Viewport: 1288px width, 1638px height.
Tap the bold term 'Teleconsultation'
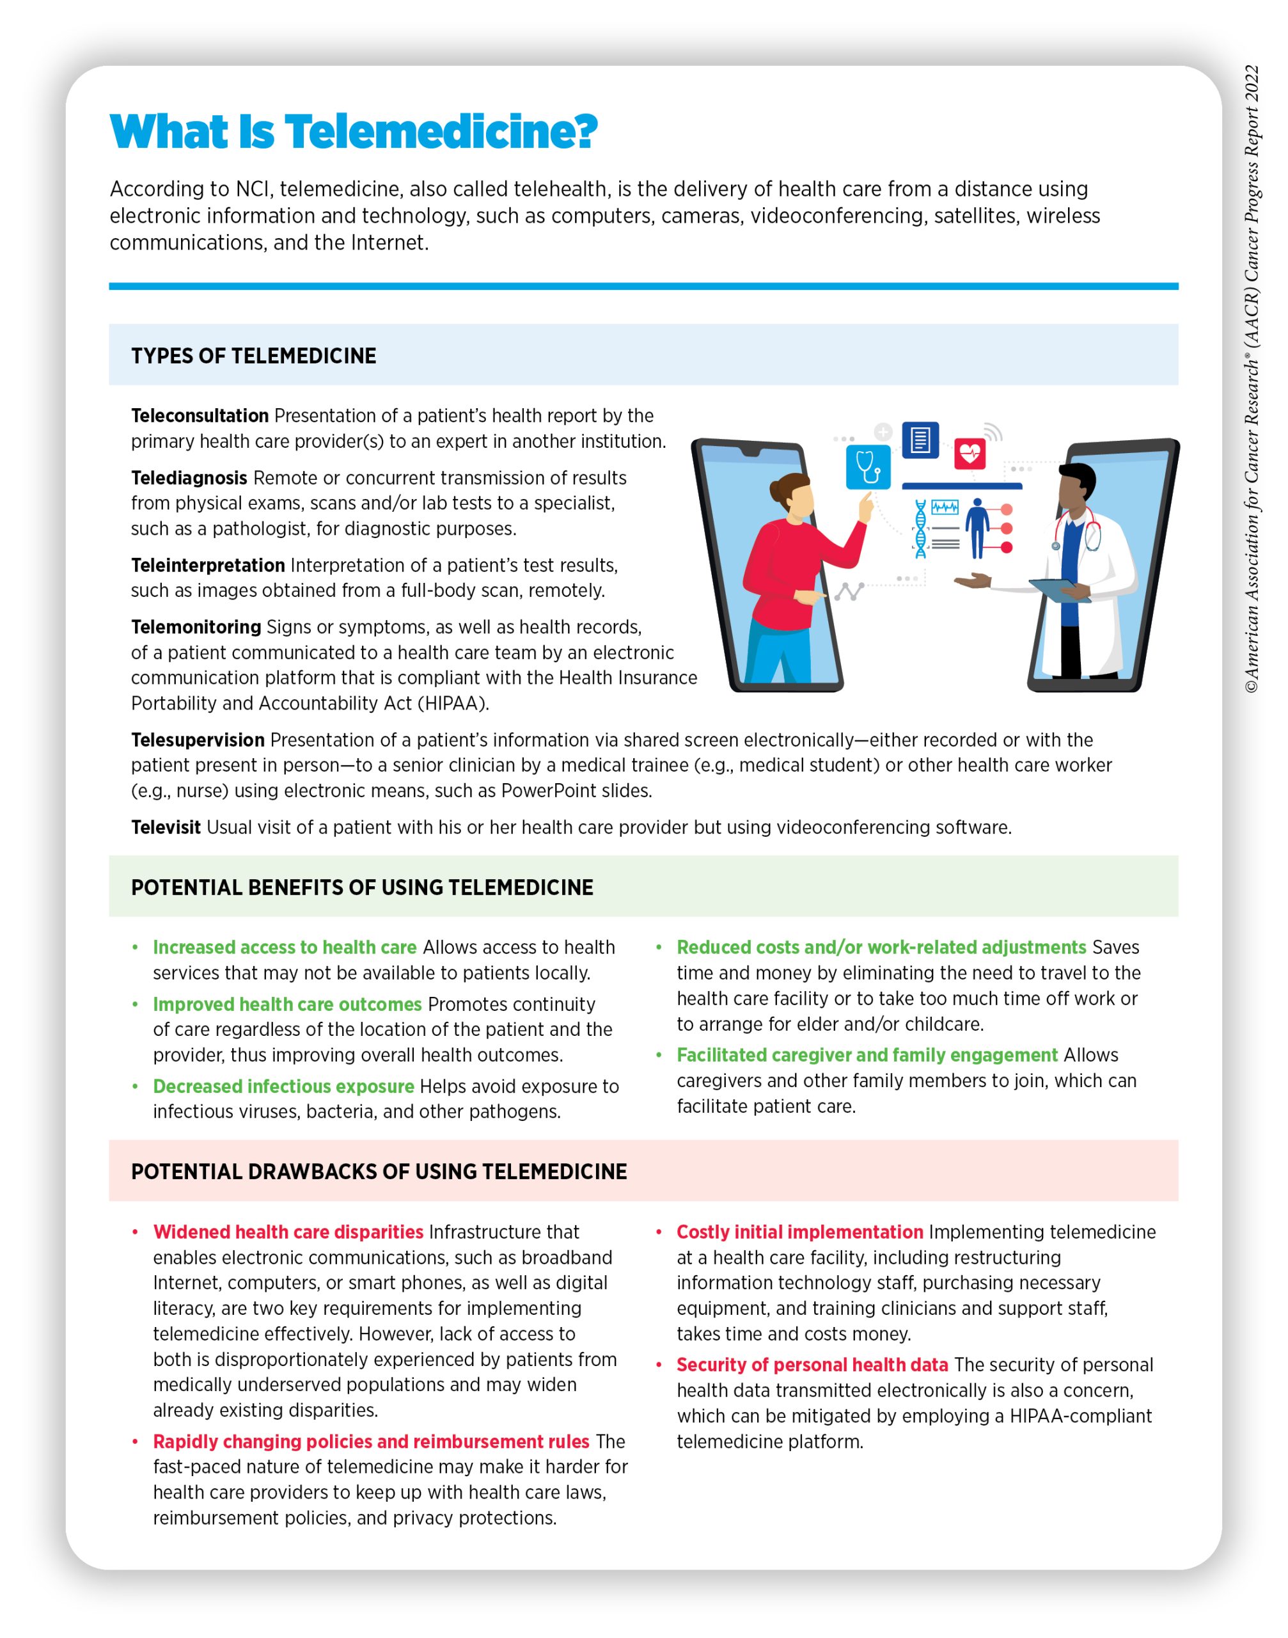[x=200, y=416]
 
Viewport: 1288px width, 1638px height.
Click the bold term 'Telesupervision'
[x=198, y=740]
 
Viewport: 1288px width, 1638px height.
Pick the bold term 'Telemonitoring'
[x=196, y=627]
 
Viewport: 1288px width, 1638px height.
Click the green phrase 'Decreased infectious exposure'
[x=283, y=1086]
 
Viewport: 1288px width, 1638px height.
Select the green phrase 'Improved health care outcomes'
[x=287, y=1004]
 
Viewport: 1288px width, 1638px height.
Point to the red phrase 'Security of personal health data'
[x=812, y=1364]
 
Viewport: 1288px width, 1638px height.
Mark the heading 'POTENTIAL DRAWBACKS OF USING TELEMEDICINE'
[x=379, y=1171]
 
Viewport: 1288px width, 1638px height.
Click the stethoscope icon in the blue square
[x=868, y=467]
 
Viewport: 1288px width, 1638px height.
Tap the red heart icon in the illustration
[x=970, y=454]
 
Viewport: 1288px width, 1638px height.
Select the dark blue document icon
[x=920, y=440]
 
